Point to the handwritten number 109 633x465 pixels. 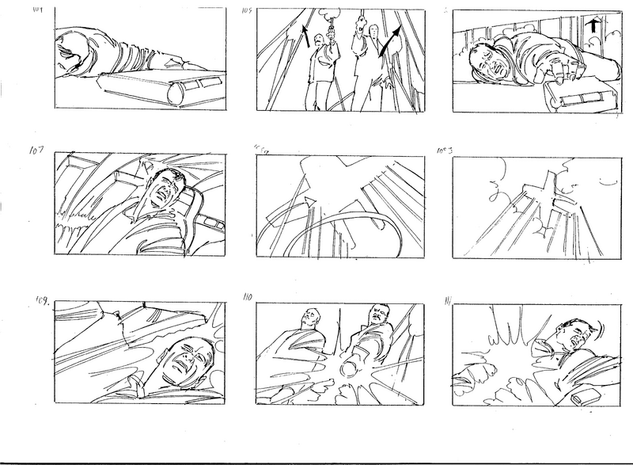click(41, 301)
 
